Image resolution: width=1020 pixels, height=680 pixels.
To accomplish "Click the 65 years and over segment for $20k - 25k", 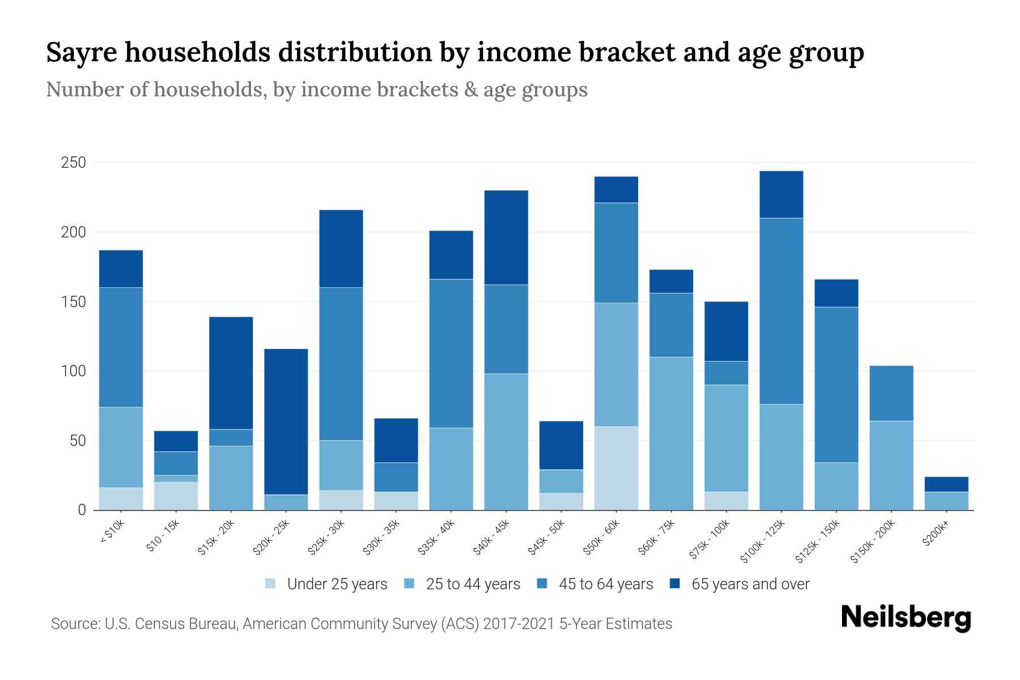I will (x=286, y=422).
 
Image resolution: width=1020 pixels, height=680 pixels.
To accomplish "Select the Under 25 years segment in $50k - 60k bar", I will (x=616, y=468).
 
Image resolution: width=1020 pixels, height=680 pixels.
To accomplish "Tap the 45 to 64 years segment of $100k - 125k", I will (x=781, y=311).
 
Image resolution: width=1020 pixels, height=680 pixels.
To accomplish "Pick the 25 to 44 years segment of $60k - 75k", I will (x=671, y=433).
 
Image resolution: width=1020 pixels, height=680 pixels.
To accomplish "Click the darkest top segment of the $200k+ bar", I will (x=946, y=484).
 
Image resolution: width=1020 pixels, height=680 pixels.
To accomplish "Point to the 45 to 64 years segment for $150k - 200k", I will (x=891, y=393).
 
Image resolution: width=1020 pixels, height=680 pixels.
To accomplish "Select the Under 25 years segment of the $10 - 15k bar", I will (x=176, y=496).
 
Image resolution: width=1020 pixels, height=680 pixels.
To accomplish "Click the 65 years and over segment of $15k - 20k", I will (x=231, y=373).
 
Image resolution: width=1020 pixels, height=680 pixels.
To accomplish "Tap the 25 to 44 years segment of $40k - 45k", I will (x=506, y=441).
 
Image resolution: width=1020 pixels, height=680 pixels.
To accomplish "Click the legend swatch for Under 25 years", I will (x=271, y=584).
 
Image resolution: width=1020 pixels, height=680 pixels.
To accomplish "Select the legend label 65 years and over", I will (x=750, y=584).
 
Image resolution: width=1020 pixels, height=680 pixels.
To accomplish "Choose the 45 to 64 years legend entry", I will (x=605, y=584).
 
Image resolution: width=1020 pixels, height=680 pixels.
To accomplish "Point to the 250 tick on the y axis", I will (x=73, y=163).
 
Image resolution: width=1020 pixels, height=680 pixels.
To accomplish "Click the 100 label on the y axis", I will (x=73, y=372).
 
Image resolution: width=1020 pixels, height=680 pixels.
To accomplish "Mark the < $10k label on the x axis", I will (x=112, y=532).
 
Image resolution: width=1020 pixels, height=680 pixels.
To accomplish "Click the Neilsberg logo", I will (x=906, y=618).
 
